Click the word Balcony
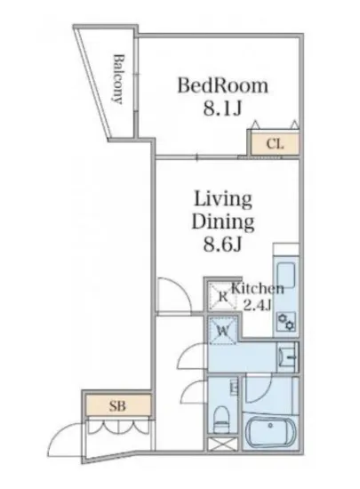(x=118, y=79)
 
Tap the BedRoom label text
(x=222, y=85)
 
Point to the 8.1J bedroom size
(x=222, y=108)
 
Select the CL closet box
(x=275, y=144)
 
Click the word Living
(x=223, y=200)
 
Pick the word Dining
(x=223, y=222)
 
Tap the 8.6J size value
(x=223, y=244)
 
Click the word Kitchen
(x=257, y=289)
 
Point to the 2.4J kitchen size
(x=256, y=305)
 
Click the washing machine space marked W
(x=223, y=330)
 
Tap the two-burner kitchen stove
(x=286, y=322)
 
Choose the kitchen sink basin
(x=286, y=276)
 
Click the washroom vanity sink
(x=287, y=357)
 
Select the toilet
(x=221, y=419)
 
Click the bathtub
(x=270, y=430)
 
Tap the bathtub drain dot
(x=270, y=426)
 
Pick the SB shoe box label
(x=117, y=405)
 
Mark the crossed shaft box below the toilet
(x=223, y=444)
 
